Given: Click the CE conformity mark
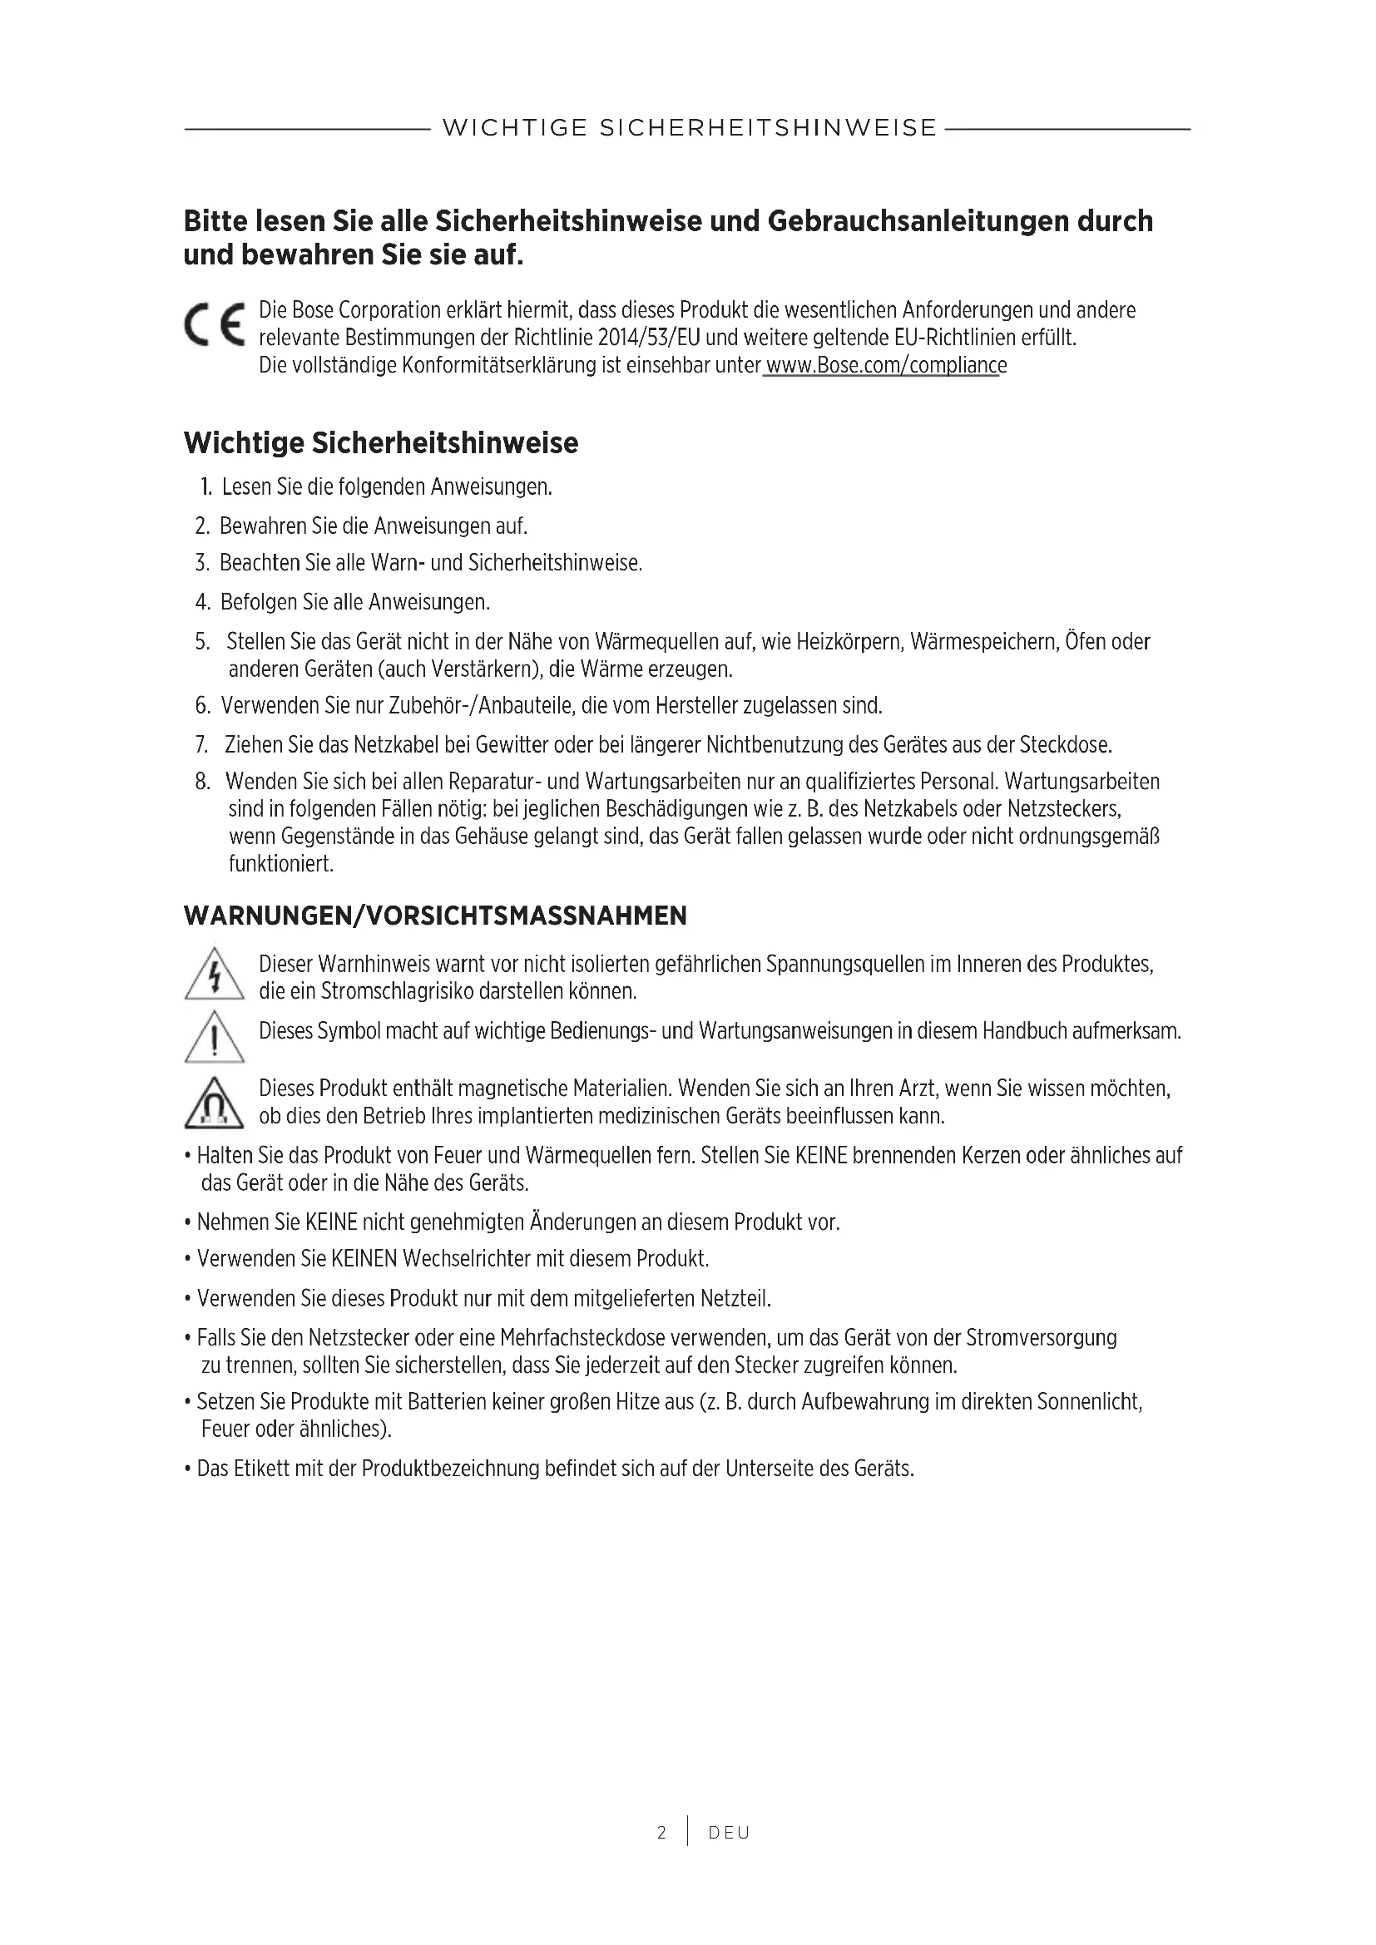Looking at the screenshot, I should point(215,324).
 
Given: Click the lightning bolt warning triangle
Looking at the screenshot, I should point(215,975).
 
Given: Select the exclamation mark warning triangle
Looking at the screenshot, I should point(215,1038).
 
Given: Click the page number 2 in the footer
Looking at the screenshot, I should point(661,1833).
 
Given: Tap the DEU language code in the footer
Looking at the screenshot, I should point(729,1833).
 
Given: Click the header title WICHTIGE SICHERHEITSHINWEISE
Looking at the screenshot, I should point(689,129).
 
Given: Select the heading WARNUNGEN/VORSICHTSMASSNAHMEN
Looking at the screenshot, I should point(435,916).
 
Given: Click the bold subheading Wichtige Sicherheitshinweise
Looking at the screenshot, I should point(380,443).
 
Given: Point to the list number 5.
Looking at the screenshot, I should point(201,641).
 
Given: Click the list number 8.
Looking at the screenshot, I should point(201,781).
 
